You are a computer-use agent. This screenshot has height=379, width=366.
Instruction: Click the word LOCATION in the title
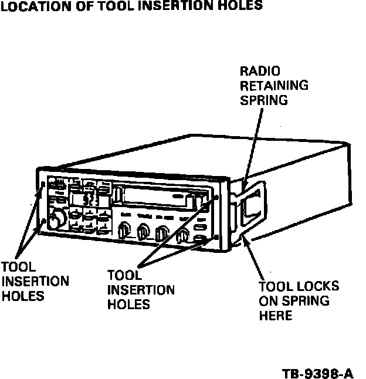(x=29, y=6)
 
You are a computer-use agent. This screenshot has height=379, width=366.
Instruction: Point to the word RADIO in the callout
(x=260, y=72)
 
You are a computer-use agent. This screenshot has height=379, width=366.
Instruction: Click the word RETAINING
(x=274, y=86)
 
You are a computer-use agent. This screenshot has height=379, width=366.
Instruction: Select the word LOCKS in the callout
(x=316, y=287)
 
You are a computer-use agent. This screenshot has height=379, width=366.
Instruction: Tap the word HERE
(x=276, y=316)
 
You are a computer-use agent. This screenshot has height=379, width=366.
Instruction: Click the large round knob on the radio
(x=57, y=219)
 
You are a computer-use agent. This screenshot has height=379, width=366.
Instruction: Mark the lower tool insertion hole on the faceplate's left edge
(x=43, y=221)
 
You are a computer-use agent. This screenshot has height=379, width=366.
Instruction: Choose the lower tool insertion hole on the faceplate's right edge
(x=216, y=237)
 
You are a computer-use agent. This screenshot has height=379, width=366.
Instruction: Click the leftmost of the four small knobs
(x=124, y=232)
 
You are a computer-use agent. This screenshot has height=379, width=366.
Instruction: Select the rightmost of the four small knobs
(x=183, y=236)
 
